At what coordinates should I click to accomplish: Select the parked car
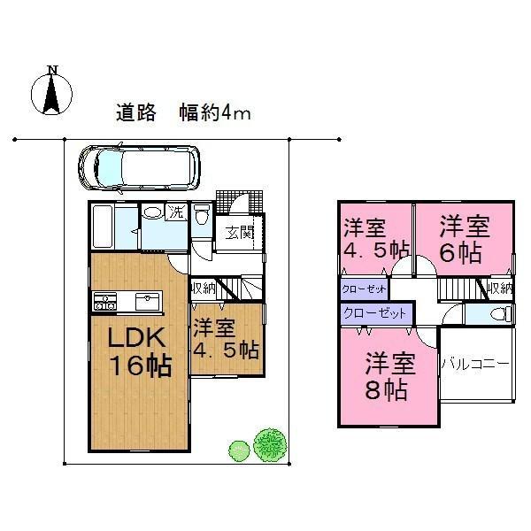139,167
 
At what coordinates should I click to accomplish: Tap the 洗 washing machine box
176,212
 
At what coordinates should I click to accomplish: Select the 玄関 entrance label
237,233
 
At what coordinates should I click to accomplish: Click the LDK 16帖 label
138,351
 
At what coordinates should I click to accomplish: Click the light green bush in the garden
236,450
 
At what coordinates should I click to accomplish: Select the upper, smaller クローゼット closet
364,289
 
